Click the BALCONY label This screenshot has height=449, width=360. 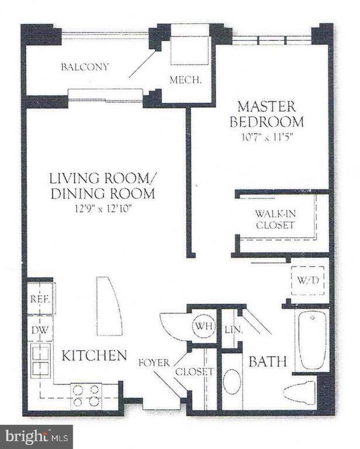tap(85, 67)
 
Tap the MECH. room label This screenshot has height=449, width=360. tap(185, 80)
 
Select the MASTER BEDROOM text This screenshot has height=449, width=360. tap(269, 114)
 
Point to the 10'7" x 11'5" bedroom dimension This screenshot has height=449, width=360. tap(269, 137)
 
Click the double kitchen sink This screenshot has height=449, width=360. tap(40, 361)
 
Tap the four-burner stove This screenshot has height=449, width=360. tap(86, 396)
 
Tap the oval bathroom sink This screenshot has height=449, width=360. tap(231, 381)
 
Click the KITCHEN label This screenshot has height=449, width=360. tap(95, 355)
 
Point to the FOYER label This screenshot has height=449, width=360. tap(154, 362)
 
